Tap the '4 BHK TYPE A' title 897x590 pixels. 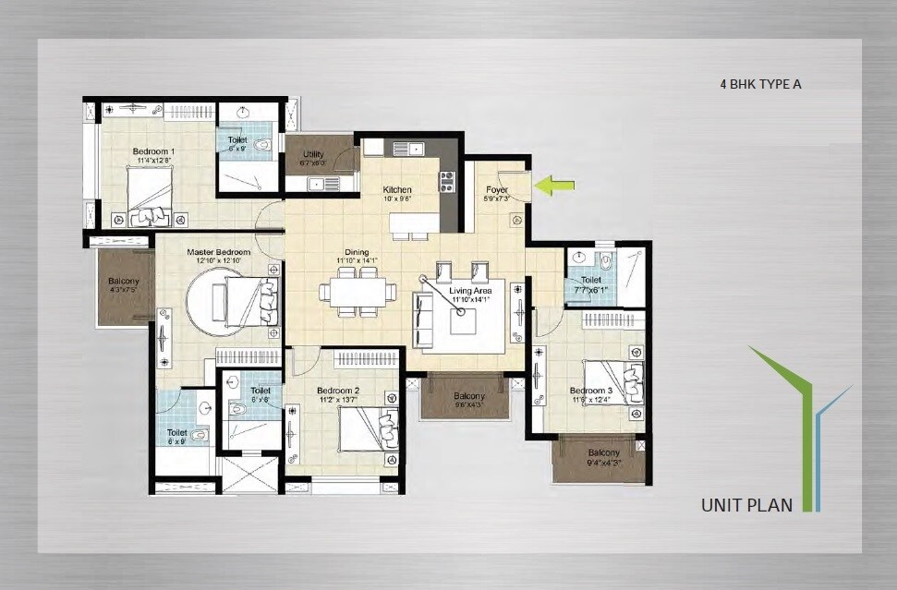pyautogui.click(x=760, y=84)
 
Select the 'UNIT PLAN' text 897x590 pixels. pyautogui.click(x=746, y=505)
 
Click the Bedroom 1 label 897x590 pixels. pyautogui.click(x=153, y=151)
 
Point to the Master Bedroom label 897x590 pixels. pyautogui.click(x=218, y=252)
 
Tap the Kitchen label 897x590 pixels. pyautogui.click(x=397, y=190)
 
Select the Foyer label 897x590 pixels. pyautogui.click(x=497, y=190)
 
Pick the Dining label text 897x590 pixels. pyautogui.click(x=357, y=252)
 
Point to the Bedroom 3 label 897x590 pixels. pyautogui.click(x=590, y=391)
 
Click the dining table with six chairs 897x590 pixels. pyautogui.click(x=354, y=292)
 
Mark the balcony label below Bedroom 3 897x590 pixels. pyautogui.click(x=603, y=452)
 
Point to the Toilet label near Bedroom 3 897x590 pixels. pyautogui.click(x=590, y=280)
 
